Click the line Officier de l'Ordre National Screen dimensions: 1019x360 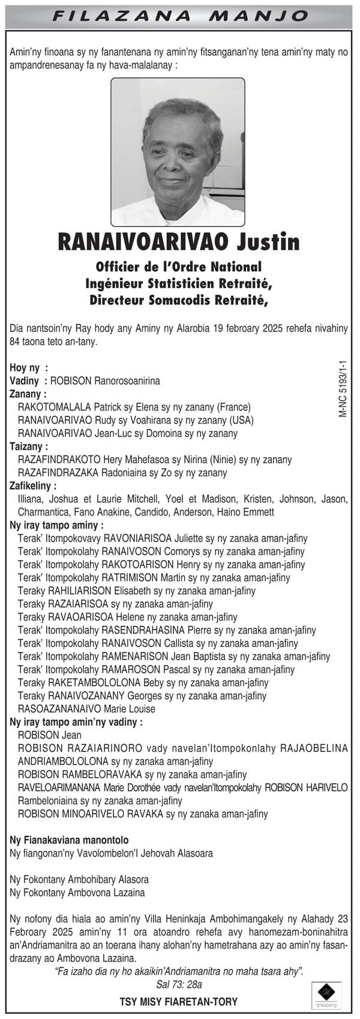click(x=179, y=266)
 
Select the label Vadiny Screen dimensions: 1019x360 click(x=24, y=380)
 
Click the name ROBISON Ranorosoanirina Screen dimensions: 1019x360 click(x=105, y=380)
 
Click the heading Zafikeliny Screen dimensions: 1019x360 click(x=34, y=485)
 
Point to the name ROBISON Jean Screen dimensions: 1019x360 click(x=49, y=735)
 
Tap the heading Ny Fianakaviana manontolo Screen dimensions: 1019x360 click(x=69, y=840)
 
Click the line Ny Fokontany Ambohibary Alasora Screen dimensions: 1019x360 click(x=79, y=879)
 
